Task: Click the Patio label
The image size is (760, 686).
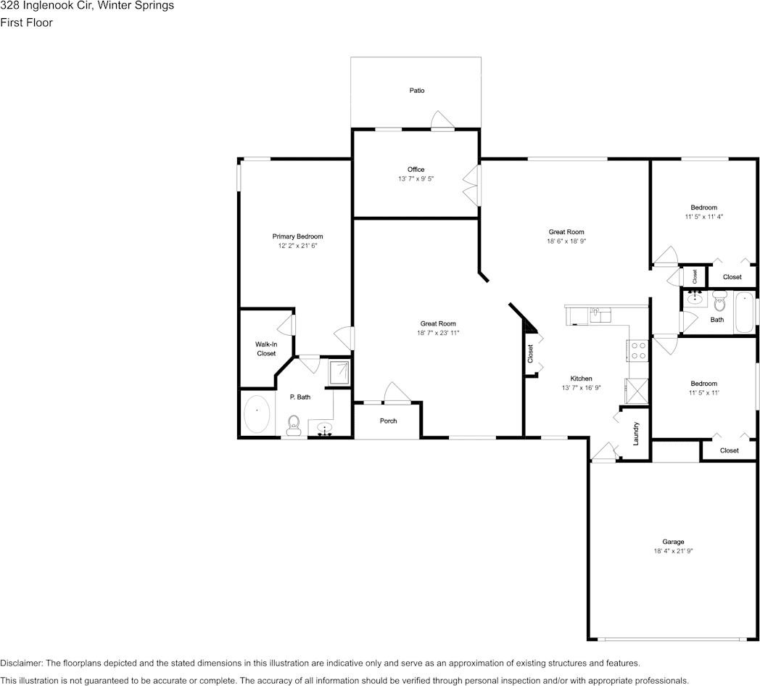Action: pyautogui.click(x=417, y=90)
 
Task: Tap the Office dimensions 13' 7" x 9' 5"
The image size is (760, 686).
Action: pyautogui.click(x=416, y=178)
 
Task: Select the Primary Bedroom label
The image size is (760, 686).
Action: pyautogui.click(x=297, y=236)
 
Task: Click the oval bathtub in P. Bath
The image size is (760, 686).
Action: pyautogui.click(x=257, y=414)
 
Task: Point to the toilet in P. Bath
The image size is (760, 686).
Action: pyautogui.click(x=294, y=425)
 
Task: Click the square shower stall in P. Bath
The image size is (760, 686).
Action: pyautogui.click(x=339, y=372)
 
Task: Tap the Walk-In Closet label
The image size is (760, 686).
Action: pyautogui.click(x=266, y=349)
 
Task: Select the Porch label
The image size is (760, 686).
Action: pyautogui.click(x=388, y=421)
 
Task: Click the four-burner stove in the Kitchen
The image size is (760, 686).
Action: pyautogui.click(x=638, y=350)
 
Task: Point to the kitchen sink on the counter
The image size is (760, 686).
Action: pyautogui.click(x=600, y=315)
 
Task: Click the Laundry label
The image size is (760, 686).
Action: pyautogui.click(x=636, y=434)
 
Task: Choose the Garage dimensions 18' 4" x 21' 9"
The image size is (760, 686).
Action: pyautogui.click(x=673, y=550)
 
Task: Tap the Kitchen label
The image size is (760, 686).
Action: pyautogui.click(x=581, y=378)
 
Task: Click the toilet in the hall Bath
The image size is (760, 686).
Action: pyautogui.click(x=720, y=301)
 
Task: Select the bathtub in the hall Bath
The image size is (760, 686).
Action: pyautogui.click(x=745, y=312)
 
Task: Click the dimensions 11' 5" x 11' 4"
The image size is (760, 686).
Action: pyautogui.click(x=703, y=217)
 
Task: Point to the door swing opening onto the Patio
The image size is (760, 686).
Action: pyautogui.click(x=442, y=120)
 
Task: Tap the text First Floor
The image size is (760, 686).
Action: pyautogui.click(x=26, y=22)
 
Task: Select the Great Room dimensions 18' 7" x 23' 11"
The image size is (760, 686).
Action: pyautogui.click(x=438, y=333)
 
